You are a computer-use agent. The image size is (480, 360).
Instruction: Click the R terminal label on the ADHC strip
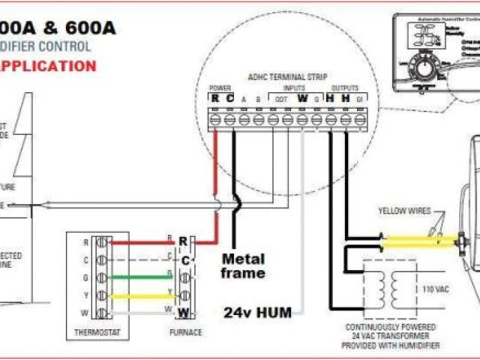(215, 97)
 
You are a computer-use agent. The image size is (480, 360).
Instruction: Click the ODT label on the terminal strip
(280, 99)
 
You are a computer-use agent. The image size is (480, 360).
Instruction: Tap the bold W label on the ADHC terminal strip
(302, 97)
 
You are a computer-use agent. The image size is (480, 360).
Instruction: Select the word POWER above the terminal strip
(220, 88)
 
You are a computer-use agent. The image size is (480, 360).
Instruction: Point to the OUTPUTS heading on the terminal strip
(344, 88)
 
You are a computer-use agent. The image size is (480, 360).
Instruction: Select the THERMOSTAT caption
(94, 331)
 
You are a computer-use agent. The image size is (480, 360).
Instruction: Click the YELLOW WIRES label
(405, 211)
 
